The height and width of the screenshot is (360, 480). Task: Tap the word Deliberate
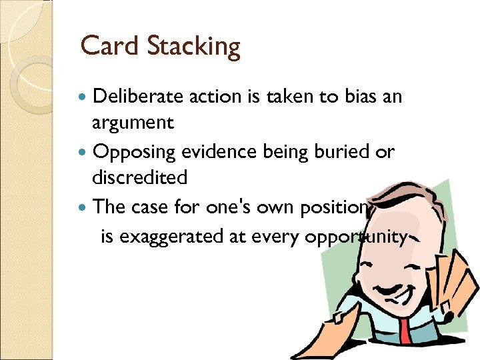[x=138, y=97]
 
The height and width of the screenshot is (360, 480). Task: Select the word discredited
[x=140, y=178]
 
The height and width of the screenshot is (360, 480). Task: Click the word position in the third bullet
[x=330, y=207]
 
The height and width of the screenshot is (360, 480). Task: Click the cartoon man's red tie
[x=406, y=336]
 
